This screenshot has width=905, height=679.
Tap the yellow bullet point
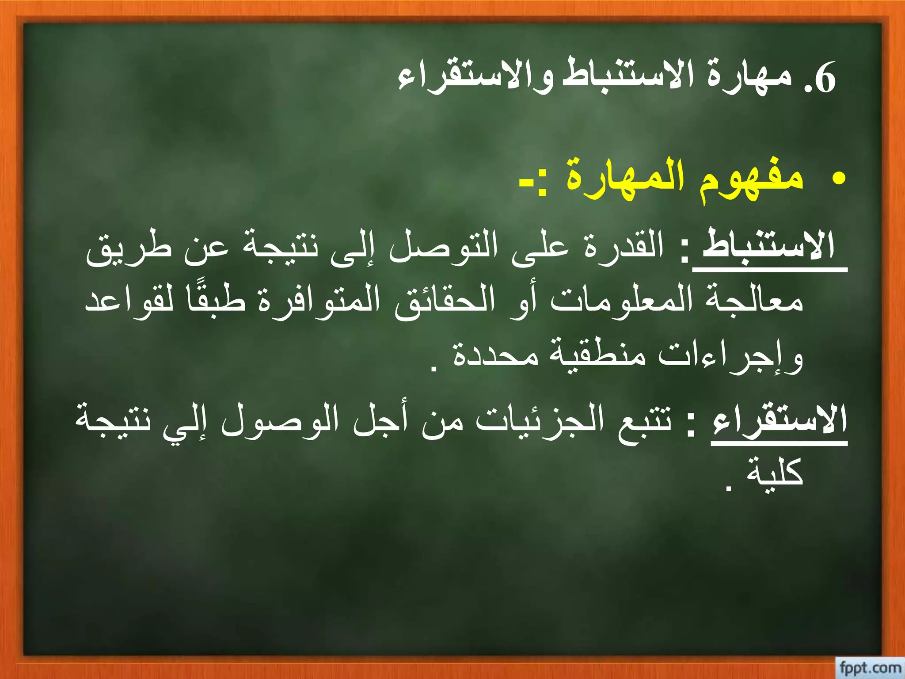838,179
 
